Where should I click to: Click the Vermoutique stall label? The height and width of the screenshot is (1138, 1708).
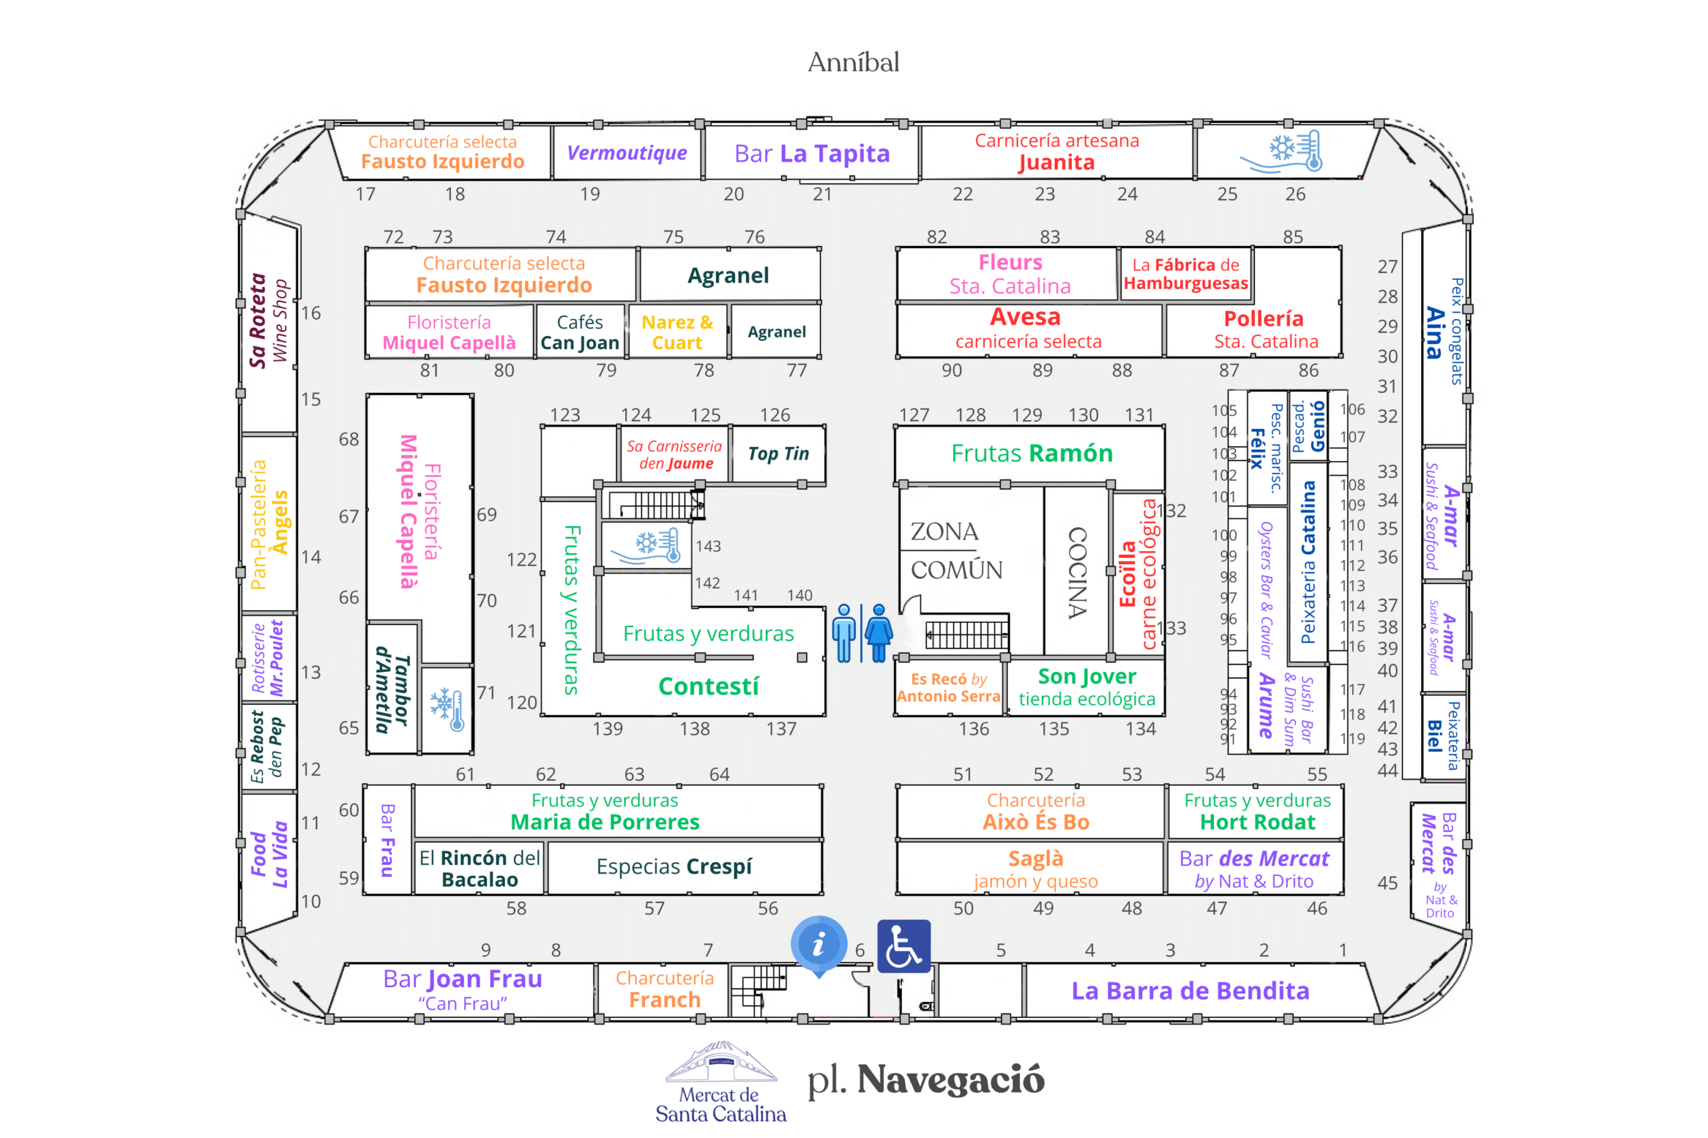626,153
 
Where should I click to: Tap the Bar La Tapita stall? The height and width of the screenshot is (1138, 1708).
812,153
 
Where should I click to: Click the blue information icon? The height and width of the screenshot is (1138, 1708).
818,944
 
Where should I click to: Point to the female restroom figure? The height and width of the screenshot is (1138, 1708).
879,632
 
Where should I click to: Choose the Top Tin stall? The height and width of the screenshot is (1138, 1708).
778,454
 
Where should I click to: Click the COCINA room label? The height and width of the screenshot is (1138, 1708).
1077,572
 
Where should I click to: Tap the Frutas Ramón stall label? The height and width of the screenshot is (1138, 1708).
1032,453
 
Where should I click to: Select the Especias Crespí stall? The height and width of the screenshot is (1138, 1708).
674,867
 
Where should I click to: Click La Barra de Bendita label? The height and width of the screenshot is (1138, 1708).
1189,990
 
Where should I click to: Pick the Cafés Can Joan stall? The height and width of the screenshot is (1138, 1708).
579,332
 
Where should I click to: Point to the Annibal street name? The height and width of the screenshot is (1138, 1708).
853,62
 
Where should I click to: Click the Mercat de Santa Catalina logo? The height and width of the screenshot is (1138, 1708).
721,1082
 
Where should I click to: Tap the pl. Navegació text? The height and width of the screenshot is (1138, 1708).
926,1079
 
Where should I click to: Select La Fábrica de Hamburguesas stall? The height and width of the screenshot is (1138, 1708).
1185,274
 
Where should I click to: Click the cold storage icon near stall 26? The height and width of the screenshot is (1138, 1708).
1281,151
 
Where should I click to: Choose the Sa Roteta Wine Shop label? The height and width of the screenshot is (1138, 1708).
268,321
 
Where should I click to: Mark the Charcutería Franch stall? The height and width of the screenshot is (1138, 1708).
664,989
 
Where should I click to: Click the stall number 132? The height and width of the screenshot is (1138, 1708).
1172,511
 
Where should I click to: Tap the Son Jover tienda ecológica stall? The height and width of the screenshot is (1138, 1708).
1087,687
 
